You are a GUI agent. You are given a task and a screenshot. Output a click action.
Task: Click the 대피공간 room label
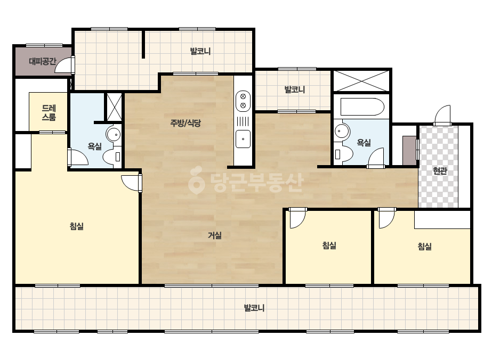coord(42,61)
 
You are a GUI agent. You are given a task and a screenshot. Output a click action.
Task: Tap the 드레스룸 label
coord(49,113)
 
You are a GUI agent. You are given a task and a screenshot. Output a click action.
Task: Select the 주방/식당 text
coord(185,123)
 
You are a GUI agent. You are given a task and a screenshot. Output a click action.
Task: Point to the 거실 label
coord(215,235)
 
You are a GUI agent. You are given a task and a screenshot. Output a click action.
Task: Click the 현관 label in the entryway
coord(440,171)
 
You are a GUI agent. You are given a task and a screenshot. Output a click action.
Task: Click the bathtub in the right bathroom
coord(362,107)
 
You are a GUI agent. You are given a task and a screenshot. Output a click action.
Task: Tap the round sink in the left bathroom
coord(114,135)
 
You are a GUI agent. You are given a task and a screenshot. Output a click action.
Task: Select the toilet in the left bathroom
coord(112,157)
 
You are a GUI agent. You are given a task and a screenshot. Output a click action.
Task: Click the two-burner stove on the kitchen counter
coord(243,101)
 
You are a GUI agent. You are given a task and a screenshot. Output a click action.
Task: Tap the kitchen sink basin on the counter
coord(243,138)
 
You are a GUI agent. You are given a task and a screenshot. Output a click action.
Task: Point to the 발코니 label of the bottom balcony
coord(254,308)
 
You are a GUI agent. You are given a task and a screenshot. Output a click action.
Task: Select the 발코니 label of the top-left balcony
coord(200,51)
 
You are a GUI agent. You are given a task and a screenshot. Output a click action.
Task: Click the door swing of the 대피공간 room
coord(65,65)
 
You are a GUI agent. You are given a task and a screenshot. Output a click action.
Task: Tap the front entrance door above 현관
coord(442,116)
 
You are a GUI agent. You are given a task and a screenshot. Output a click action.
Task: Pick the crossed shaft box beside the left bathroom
coord(114,107)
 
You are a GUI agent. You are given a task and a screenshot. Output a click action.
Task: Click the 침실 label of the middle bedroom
coord(329,245)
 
